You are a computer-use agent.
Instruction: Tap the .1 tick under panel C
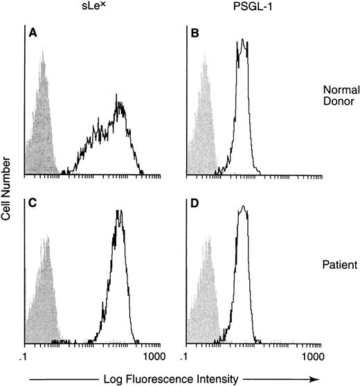(25, 356)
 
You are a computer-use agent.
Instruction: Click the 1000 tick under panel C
(154, 356)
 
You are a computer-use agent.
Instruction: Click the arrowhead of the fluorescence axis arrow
(316, 378)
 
